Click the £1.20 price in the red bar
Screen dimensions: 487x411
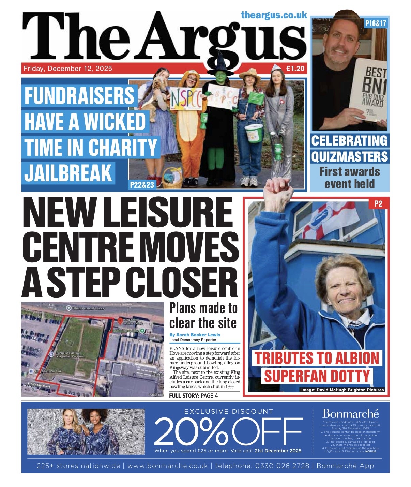(295, 69)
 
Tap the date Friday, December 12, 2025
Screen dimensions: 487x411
(68, 69)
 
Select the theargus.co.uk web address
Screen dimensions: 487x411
(274, 15)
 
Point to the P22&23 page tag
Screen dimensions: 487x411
(142, 185)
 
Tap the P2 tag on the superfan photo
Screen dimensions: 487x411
(378, 204)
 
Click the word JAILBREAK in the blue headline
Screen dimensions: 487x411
(68, 172)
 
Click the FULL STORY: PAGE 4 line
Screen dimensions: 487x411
(193, 396)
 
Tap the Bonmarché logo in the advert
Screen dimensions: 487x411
(351, 414)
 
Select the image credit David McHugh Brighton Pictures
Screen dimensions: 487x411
(342, 390)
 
